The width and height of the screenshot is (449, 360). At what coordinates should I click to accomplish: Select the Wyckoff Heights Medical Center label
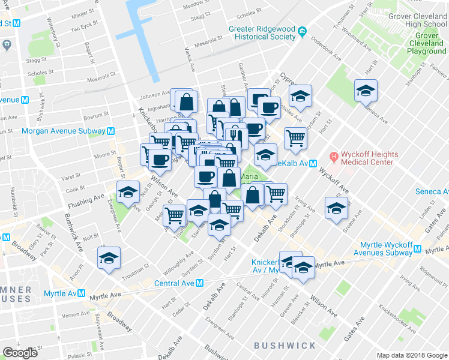(x=368, y=158)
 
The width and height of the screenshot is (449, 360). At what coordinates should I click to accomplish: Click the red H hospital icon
(x=334, y=158)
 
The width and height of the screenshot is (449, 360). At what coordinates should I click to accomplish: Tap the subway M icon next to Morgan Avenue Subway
(x=110, y=131)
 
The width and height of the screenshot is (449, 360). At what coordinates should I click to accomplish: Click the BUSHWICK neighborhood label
(x=285, y=346)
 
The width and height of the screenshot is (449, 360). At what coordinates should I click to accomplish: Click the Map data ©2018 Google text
(x=412, y=355)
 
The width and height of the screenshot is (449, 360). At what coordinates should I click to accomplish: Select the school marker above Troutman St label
(x=109, y=259)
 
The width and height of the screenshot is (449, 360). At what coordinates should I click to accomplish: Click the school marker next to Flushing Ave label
(x=127, y=193)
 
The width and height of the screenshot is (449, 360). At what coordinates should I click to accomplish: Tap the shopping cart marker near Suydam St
(x=295, y=138)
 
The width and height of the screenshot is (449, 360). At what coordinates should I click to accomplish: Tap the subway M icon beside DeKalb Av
(x=313, y=164)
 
